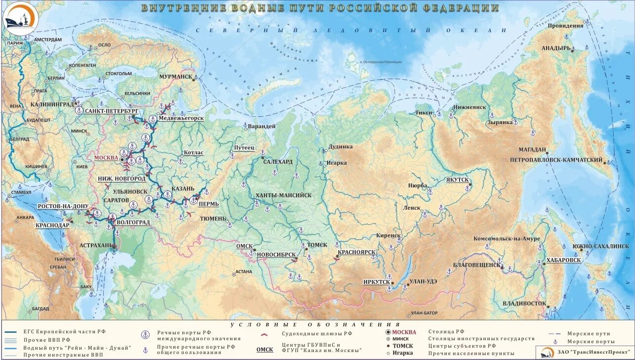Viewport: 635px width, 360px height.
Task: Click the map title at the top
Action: coord(320,8)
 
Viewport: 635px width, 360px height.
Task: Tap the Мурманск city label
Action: coord(175,77)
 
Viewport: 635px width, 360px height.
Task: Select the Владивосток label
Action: coord(524,303)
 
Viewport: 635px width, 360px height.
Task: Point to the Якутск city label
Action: coord(457,180)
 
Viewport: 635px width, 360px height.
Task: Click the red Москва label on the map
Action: coord(106,158)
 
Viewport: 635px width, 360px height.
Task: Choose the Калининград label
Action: coord(51,104)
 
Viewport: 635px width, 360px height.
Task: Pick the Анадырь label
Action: coord(556,48)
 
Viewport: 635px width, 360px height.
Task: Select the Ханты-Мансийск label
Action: coord(283,195)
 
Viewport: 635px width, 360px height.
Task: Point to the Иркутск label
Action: coord(377,282)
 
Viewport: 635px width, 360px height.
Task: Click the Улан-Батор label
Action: coord(424,313)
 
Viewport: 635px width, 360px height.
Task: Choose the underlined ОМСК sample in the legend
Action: coord(264,349)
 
